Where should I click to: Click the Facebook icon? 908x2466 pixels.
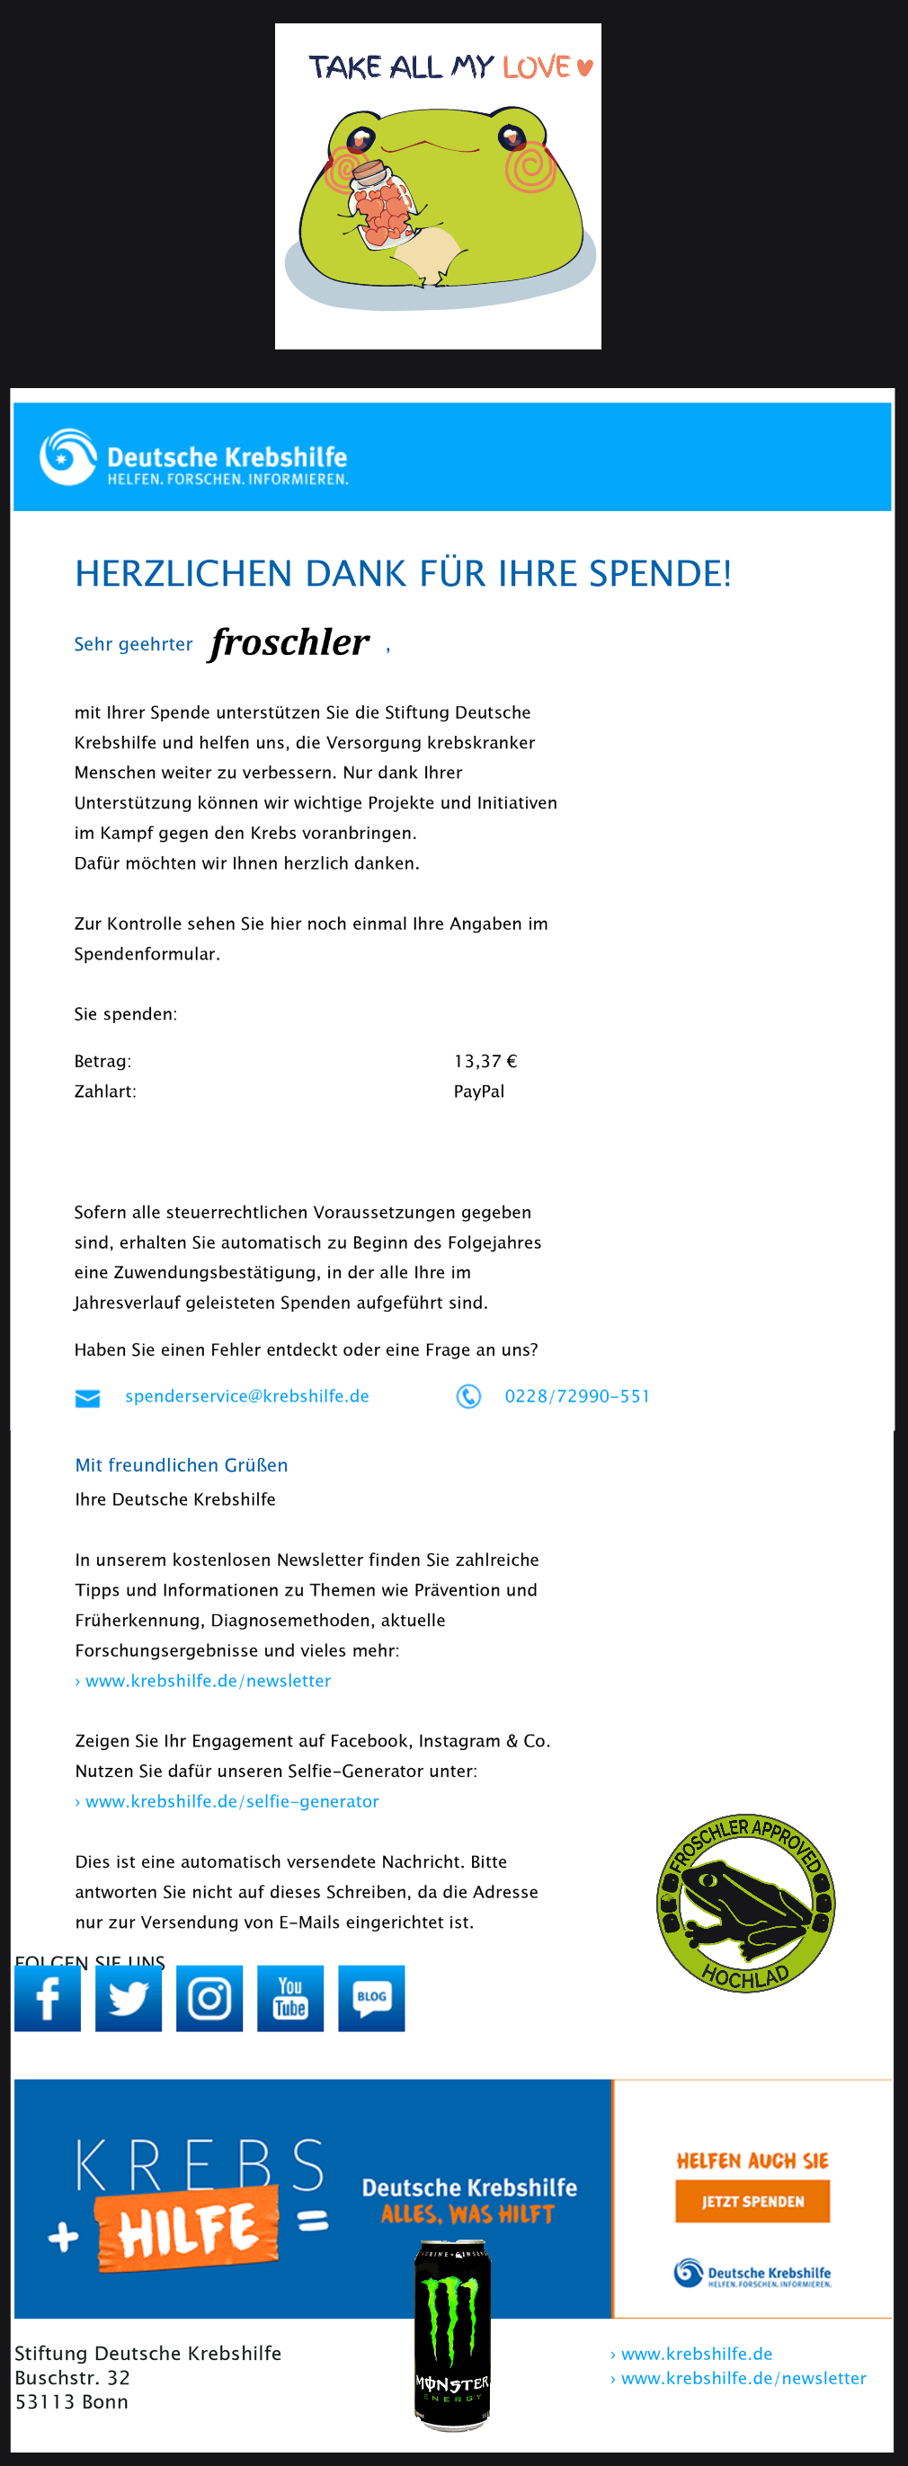click(x=47, y=1998)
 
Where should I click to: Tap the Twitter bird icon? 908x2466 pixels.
click(x=129, y=1998)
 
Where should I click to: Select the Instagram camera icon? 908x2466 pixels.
click(x=209, y=1998)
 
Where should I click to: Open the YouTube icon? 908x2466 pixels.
click(x=290, y=1998)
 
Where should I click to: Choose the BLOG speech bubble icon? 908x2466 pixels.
click(x=371, y=1998)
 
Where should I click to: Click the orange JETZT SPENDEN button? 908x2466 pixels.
click(x=752, y=2201)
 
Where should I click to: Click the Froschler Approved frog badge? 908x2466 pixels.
click(x=745, y=1902)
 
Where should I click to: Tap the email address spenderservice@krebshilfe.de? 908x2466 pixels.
click(x=247, y=1396)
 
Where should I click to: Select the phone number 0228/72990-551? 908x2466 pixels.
click(x=576, y=1396)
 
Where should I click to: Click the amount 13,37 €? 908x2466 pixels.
click(x=485, y=1061)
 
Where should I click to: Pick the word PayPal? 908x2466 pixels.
click(x=479, y=1092)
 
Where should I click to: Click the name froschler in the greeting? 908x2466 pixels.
click(x=289, y=642)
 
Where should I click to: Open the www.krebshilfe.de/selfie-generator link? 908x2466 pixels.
click(x=232, y=1800)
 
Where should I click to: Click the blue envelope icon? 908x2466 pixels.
click(x=87, y=1399)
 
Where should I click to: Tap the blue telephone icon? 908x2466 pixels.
click(x=468, y=1397)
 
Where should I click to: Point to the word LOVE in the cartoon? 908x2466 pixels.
click(x=537, y=67)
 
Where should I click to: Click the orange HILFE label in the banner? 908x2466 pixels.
click(x=188, y=2229)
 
